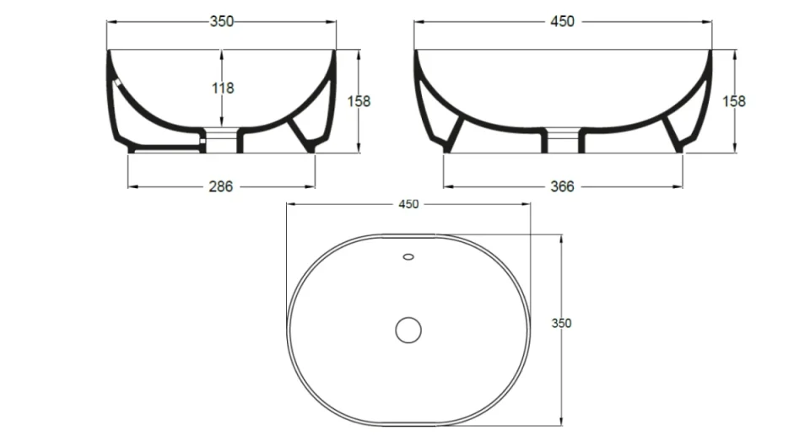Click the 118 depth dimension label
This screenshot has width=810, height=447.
[221, 88]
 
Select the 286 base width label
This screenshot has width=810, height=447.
[221, 186]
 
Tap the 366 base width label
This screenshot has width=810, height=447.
[563, 186]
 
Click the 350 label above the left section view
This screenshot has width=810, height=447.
[221, 22]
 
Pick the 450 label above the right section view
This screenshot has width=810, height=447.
[563, 22]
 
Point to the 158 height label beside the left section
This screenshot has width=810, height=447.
[359, 101]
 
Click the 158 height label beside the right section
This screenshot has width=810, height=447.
[734, 101]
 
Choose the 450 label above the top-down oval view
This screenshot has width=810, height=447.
[408, 204]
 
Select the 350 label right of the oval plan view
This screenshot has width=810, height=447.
[562, 322]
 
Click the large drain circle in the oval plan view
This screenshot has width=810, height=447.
[409, 329]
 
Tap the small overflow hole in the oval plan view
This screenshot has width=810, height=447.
[409, 256]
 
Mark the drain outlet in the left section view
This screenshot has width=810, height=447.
[222, 140]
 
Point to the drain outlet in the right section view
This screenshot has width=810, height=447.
[562, 140]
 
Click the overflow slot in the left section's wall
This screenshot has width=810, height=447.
[117, 83]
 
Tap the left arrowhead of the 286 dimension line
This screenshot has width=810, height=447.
[130, 186]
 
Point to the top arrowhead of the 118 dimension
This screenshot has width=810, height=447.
[221, 52]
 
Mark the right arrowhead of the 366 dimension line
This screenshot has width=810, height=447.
[681, 186]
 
